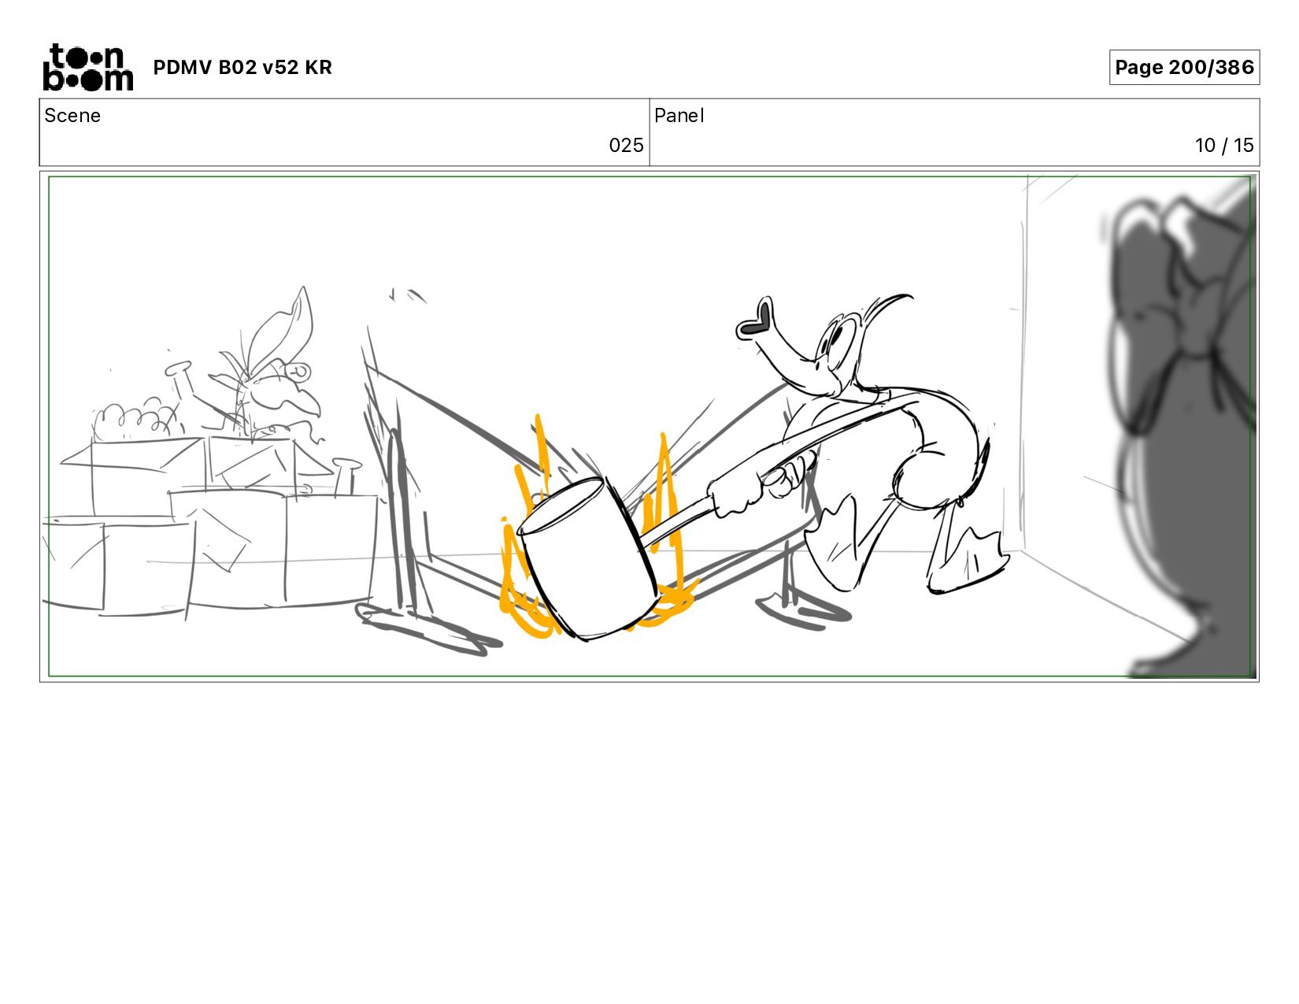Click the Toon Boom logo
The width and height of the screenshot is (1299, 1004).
click(x=88, y=67)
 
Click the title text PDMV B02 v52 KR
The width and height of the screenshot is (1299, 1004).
click(x=242, y=67)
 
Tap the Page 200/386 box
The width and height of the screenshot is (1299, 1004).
click(x=1183, y=67)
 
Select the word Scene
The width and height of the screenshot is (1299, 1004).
click(x=72, y=116)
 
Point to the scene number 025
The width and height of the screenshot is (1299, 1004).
click(x=626, y=146)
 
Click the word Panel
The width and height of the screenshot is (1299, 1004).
click(x=679, y=116)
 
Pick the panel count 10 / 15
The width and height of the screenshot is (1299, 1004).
click(x=1223, y=146)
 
